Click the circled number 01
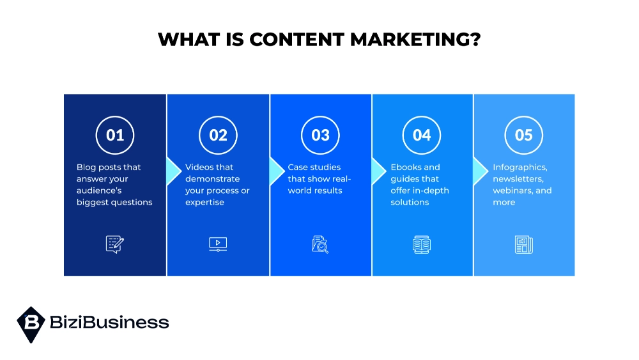(115, 135)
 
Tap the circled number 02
(218, 135)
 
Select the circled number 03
(320, 135)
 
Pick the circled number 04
(422, 135)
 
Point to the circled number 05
(523, 135)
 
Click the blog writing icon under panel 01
(115, 244)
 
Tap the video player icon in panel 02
(218, 244)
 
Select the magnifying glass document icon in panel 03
(320, 244)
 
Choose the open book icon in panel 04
(422, 244)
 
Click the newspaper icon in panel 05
(523, 244)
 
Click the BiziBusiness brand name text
(109, 322)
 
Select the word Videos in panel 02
(200, 168)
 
